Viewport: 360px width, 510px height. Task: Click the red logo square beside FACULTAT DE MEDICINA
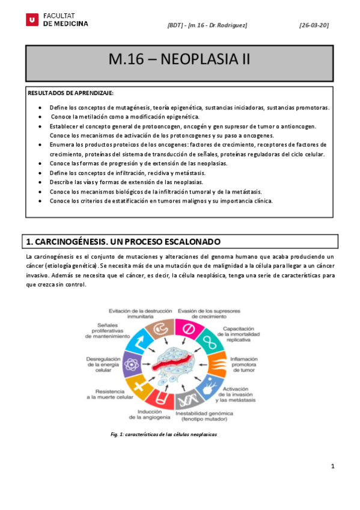tap(32, 20)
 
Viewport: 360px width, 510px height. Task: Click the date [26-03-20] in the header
tap(314, 25)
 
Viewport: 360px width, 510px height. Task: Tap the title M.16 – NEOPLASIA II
tap(179, 60)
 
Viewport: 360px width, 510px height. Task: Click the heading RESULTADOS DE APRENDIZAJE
tap(70, 93)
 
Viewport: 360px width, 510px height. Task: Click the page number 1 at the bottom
tap(332, 466)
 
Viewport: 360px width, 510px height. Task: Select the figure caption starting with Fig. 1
tap(163, 434)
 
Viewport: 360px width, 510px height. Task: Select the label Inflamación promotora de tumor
tap(243, 363)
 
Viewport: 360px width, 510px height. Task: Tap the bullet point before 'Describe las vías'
tap(40, 182)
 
